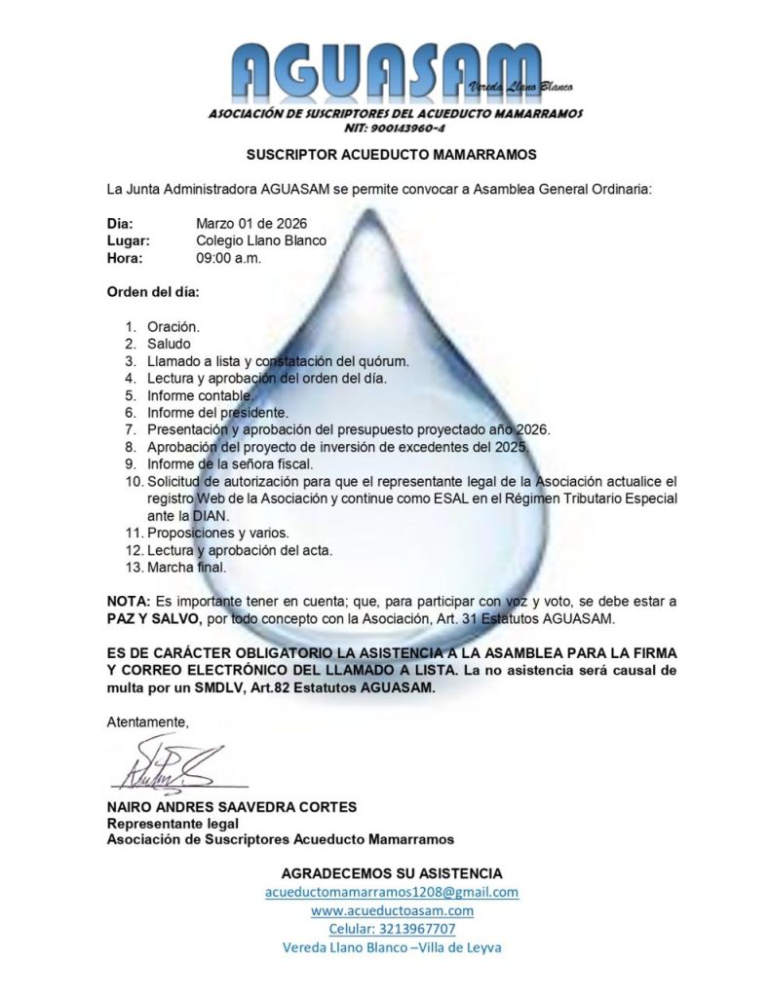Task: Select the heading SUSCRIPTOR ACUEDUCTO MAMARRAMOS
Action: [x=391, y=154]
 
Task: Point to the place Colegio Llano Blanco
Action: [x=260, y=240]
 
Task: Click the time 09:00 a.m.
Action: [x=228, y=258]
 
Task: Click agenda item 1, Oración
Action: [x=173, y=326]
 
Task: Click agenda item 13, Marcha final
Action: [x=186, y=568]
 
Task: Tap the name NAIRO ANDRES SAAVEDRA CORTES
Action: [x=232, y=806]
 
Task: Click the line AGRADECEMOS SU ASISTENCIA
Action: [x=392, y=872]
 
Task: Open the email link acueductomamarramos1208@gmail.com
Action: [x=392, y=892]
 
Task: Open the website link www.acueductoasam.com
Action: [x=392, y=910]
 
